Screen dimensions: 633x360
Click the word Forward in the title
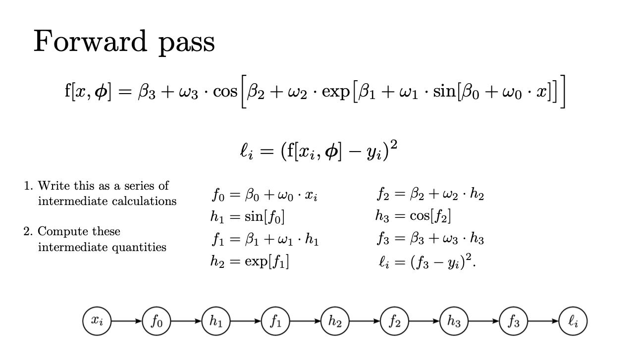pyautogui.click(x=90, y=41)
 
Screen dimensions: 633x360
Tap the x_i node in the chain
pyautogui.click(x=97, y=321)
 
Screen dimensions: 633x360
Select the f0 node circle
pyautogui.click(x=157, y=321)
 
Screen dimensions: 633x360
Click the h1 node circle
pyautogui.click(x=216, y=321)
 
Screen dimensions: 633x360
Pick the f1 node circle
pyautogui.click(x=275, y=321)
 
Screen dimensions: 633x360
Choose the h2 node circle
pyautogui.click(x=335, y=321)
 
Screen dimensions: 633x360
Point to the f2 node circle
pyautogui.click(x=394, y=321)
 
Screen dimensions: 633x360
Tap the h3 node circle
pyautogui.click(x=454, y=321)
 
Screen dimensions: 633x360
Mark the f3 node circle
pyautogui.click(x=513, y=321)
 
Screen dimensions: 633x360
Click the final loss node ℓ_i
pyautogui.click(x=573, y=321)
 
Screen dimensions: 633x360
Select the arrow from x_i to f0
pyautogui.click(x=126, y=321)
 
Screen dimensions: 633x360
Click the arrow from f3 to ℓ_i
pyautogui.click(x=543, y=321)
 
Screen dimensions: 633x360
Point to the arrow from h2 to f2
pyautogui.click(x=365, y=321)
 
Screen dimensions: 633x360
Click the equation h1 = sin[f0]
pyautogui.click(x=247, y=217)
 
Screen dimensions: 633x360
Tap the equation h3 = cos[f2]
pyautogui.click(x=413, y=217)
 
